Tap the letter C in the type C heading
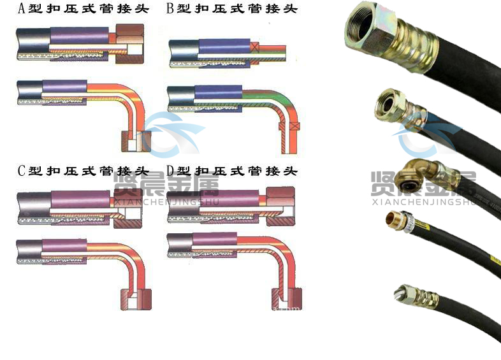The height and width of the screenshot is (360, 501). tap(21, 171)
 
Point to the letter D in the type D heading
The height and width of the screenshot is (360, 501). tap(170, 171)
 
